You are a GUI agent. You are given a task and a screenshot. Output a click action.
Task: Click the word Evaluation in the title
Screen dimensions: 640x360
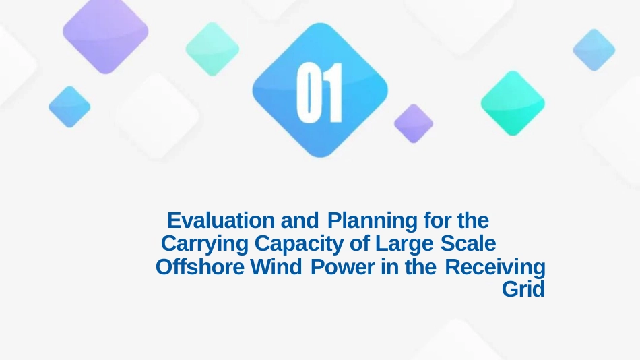[x=221, y=220]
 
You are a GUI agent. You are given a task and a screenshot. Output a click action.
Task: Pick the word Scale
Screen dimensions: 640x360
[x=468, y=243]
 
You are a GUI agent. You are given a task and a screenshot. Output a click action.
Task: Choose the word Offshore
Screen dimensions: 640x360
[x=200, y=267]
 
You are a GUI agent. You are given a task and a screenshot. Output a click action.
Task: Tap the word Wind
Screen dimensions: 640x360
[x=276, y=267]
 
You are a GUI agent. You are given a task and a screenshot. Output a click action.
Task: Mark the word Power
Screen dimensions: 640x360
[x=342, y=267]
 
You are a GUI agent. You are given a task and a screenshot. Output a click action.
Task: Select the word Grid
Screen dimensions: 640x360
[x=523, y=289]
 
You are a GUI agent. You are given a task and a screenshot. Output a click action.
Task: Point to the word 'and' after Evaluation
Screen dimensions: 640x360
[x=300, y=220]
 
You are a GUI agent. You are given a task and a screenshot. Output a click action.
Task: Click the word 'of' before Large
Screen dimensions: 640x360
[x=360, y=243]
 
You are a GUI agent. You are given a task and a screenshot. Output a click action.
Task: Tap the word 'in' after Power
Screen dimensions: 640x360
[x=389, y=267]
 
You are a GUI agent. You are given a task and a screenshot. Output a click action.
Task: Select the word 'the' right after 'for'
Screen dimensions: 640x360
[x=473, y=220]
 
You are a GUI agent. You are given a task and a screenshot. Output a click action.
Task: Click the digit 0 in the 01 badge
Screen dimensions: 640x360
[x=307, y=93]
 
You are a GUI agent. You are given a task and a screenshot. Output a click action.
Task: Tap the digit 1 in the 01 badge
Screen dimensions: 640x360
[x=333, y=93]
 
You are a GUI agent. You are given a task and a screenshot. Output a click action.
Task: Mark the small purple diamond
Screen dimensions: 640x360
[x=414, y=123]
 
